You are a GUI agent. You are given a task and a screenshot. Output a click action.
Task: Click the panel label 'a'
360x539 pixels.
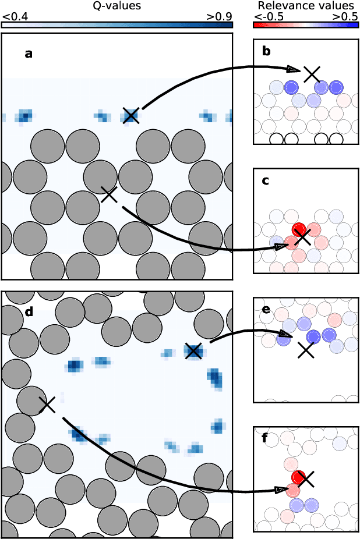pos(28,54)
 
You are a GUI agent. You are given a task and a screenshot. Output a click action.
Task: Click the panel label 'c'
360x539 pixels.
pos(266,180)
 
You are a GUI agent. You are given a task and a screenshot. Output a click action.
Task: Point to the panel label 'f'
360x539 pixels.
pos(265,438)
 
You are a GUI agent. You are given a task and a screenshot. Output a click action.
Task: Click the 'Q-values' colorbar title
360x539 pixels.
pos(117,6)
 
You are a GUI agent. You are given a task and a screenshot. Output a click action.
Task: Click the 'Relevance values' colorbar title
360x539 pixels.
pos(306,6)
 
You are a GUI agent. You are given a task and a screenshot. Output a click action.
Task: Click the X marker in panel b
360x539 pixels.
pos(312,73)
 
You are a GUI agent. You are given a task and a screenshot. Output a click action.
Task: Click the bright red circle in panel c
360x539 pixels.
pos(299,228)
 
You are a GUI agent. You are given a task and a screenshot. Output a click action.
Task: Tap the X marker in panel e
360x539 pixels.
pos(305,349)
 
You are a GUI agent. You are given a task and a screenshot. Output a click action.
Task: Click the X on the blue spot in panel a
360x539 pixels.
pos(130,115)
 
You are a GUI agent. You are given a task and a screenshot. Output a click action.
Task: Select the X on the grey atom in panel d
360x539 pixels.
pos(47,404)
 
